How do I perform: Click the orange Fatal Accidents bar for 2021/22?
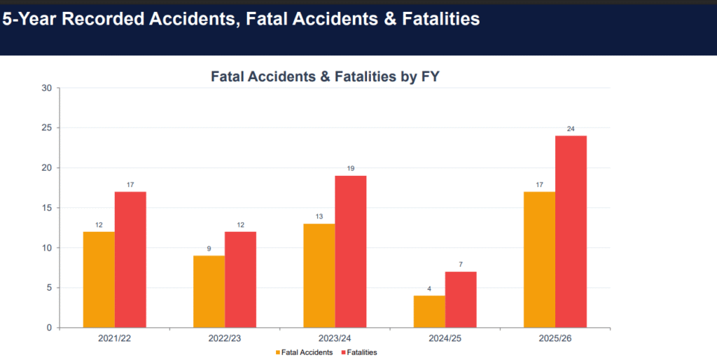99,279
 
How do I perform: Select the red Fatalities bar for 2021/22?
130,259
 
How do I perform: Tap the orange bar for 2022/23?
209,291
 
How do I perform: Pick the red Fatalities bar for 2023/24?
351,251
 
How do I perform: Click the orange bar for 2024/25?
429,312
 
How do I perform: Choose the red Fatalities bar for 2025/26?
571,231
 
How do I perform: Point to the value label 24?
571,129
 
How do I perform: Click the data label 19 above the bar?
351,169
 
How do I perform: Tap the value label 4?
429,289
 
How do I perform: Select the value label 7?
461,265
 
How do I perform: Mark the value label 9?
209,249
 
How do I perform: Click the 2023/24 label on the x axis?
335,339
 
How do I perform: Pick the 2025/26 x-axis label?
555,339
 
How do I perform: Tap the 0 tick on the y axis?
50,328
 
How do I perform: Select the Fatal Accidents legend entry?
304,353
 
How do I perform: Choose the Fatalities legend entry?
359,353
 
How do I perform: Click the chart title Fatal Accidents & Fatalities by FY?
325,76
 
